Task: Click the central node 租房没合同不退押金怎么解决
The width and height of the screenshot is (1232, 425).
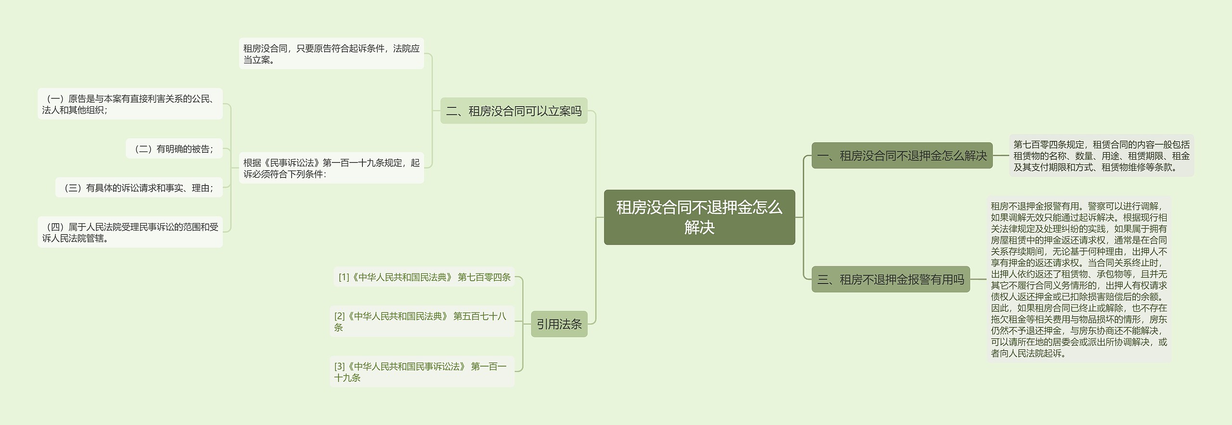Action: (x=699, y=217)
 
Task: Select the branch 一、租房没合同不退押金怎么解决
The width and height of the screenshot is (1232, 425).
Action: (x=902, y=155)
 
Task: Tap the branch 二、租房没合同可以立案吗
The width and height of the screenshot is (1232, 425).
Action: (x=513, y=111)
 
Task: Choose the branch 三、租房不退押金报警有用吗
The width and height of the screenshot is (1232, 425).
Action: (x=890, y=279)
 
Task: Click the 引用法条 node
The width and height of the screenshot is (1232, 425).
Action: (x=559, y=324)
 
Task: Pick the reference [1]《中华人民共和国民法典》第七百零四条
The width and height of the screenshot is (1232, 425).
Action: (x=424, y=277)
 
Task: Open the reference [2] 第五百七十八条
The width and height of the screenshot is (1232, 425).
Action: (x=422, y=321)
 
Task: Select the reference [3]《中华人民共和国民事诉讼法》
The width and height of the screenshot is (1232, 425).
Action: (x=422, y=372)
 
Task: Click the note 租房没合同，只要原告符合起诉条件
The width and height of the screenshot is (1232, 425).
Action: (x=331, y=54)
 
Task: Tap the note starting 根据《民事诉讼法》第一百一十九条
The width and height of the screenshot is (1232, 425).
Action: (x=331, y=168)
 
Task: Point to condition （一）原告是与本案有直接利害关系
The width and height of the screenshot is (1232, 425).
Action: (x=130, y=104)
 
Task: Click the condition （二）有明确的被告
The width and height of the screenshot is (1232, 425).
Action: (x=174, y=149)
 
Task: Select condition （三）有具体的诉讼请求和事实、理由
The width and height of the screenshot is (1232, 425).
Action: (x=139, y=188)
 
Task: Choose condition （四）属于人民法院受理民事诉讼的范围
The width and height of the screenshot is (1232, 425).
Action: (x=130, y=232)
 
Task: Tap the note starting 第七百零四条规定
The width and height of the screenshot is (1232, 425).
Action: (x=1101, y=156)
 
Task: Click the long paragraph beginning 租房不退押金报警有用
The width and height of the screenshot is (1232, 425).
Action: (x=1078, y=279)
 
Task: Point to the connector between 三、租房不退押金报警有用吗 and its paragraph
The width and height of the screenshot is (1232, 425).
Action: (x=978, y=279)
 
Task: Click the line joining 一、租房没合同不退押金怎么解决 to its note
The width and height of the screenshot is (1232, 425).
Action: (x=1001, y=155)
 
